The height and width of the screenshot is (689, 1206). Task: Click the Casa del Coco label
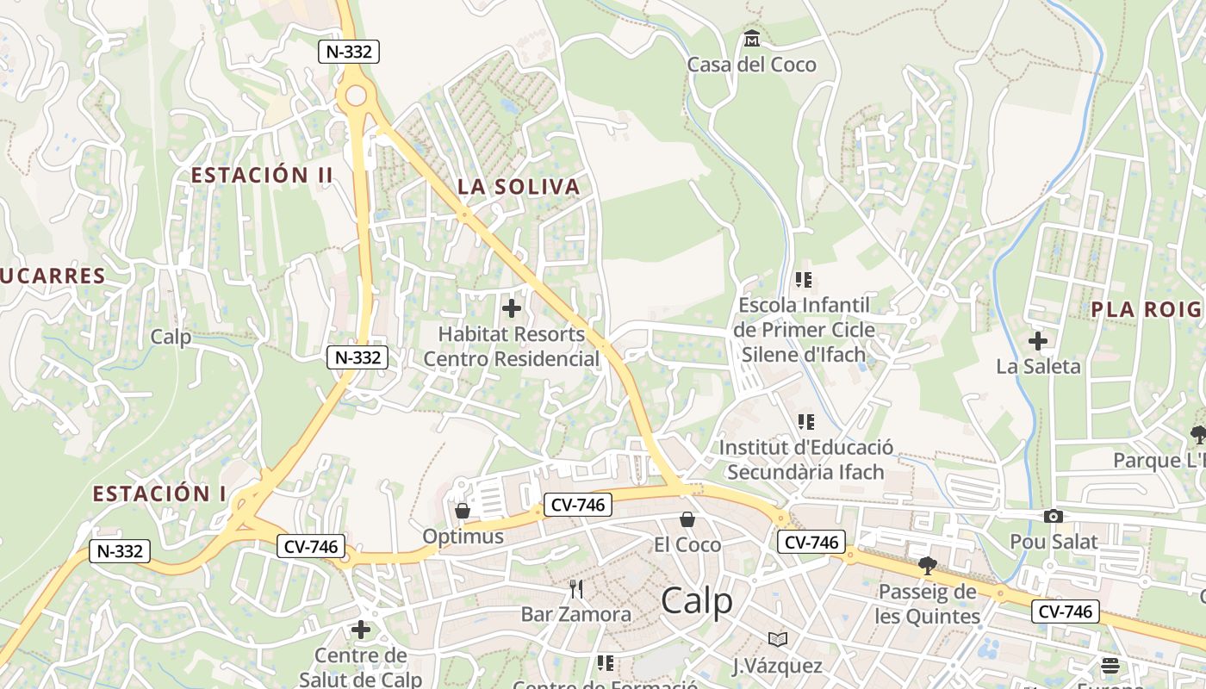[x=751, y=65]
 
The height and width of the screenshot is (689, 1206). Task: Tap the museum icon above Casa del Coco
[x=752, y=39]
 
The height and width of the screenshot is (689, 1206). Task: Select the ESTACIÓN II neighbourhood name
[x=262, y=175]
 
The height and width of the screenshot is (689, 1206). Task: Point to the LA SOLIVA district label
[x=519, y=187]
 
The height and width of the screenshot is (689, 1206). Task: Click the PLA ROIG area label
[x=1146, y=310]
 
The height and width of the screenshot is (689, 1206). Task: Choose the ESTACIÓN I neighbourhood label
[x=159, y=494]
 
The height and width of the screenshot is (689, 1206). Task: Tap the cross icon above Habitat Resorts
[x=512, y=307]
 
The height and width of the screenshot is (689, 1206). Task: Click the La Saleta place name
[x=1038, y=366]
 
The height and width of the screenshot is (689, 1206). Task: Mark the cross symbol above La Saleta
[x=1038, y=341]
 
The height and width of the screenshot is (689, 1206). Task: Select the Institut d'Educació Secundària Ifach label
[x=805, y=460]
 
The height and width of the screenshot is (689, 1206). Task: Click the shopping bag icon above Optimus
[x=463, y=511]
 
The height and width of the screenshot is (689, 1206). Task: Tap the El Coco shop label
[x=687, y=544]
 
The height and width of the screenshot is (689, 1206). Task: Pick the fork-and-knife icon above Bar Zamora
[x=576, y=589]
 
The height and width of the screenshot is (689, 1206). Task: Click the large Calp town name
[x=697, y=601]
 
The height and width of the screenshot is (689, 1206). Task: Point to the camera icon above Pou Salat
[x=1053, y=516]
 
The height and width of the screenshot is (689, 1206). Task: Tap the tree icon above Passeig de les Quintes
[x=927, y=566]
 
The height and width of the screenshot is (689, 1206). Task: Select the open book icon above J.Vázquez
[x=778, y=639]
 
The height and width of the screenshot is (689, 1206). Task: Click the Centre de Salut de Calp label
[x=361, y=667]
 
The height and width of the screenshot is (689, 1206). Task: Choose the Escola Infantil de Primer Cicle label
[x=804, y=329]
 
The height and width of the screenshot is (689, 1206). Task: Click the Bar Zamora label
[x=576, y=614]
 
